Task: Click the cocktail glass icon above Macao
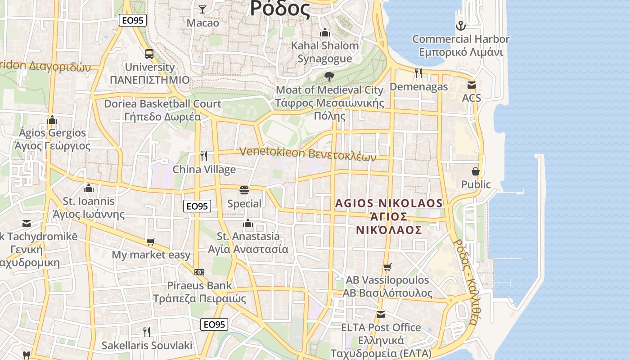point(202,9)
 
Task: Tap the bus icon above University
point(149,54)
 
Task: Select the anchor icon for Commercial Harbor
point(460,26)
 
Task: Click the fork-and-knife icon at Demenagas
point(418,73)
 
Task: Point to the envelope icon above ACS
point(471,85)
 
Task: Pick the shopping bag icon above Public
point(476,171)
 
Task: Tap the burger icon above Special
point(244,190)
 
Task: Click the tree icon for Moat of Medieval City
point(329,76)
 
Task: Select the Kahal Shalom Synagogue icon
point(324,33)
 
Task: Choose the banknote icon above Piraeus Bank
point(199,272)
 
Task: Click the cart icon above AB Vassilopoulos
point(387,267)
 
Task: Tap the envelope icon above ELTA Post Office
point(381,314)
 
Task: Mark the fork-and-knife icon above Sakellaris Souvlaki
point(147,332)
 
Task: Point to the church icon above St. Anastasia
point(248,223)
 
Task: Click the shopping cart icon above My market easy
point(151,242)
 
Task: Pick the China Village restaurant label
point(204,170)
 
